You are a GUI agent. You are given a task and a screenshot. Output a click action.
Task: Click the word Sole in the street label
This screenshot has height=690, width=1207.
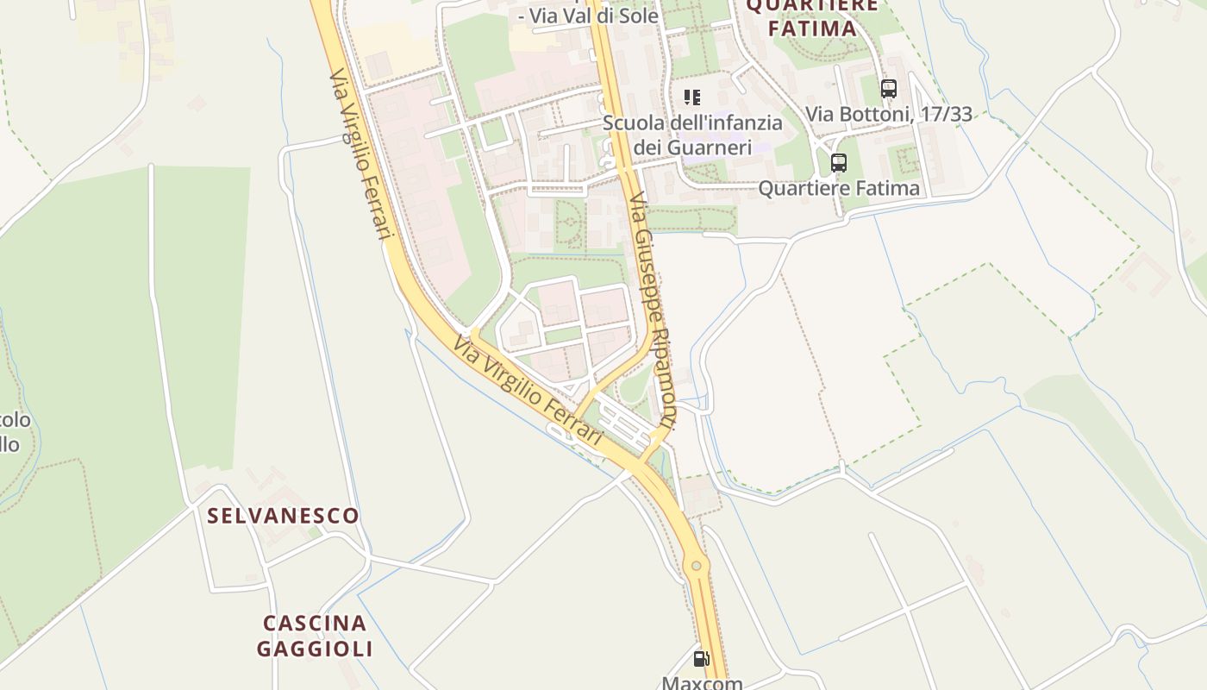click(638, 16)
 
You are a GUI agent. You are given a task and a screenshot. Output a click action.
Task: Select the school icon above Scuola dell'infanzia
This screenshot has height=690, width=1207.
click(692, 97)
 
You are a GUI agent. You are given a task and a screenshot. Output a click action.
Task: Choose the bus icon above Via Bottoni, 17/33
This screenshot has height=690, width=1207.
click(889, 88)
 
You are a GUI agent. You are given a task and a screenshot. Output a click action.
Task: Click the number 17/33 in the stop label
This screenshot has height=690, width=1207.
click(947, 114)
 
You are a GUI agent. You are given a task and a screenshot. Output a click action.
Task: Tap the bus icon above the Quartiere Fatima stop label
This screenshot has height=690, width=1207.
click(838, 162)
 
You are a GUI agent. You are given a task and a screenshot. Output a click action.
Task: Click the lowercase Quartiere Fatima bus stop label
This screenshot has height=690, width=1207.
click(839, 188)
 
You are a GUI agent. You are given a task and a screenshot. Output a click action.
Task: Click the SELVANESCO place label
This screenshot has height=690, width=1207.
click(284, 516)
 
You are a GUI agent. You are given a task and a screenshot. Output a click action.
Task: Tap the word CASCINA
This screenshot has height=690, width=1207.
click(315, 623)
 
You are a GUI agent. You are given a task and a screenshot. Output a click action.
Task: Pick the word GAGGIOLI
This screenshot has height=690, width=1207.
click(315, 649)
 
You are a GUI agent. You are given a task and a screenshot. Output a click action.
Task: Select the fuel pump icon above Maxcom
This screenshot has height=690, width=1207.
click(702, 659)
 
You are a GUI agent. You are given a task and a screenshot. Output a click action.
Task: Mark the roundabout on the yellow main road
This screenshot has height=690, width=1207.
click(696, 566)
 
